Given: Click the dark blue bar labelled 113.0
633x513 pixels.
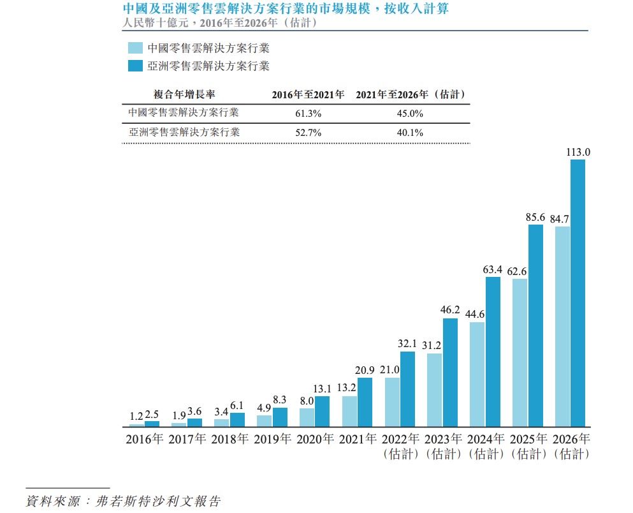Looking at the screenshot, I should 578,293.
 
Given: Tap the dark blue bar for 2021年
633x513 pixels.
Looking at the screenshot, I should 365,402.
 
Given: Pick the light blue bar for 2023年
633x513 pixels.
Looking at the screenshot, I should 435,390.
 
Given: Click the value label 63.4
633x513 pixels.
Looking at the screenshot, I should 492,270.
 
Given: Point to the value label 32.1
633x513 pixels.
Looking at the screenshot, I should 407,344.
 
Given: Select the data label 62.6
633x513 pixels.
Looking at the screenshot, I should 520,272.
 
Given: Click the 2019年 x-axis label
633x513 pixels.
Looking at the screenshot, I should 273,440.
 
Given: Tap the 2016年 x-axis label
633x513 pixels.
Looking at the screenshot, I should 145,440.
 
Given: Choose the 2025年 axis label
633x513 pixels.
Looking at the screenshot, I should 528,440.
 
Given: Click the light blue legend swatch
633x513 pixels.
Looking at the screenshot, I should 135,48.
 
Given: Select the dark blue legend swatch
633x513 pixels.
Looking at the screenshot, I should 135,66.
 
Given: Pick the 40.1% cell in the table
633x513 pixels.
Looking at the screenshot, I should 410,133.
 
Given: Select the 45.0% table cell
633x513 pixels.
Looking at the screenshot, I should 410,114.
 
